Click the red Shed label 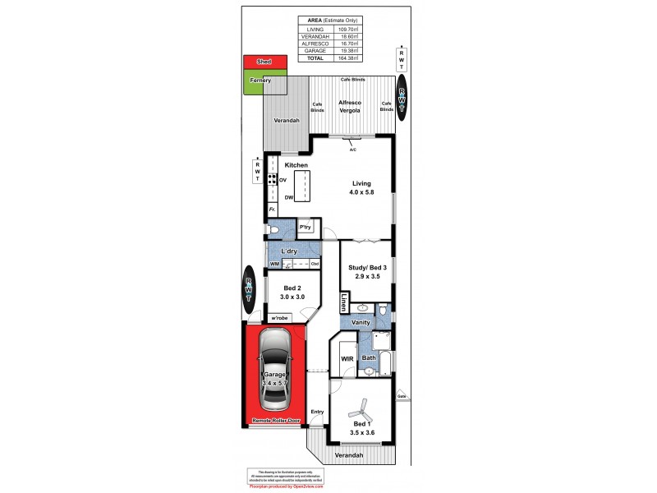click(264, 62)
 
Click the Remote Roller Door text click(275, 421)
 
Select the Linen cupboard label click(345, 302)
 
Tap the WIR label click(347, 358)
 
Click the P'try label click(305, 227)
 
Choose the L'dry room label click(288, 251)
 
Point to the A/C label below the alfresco click(352, 150)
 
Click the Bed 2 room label click(293, 288)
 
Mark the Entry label click(317, 412)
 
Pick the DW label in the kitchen click(289, 198)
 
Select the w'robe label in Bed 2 click(279, 317)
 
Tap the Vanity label click(361, 323)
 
